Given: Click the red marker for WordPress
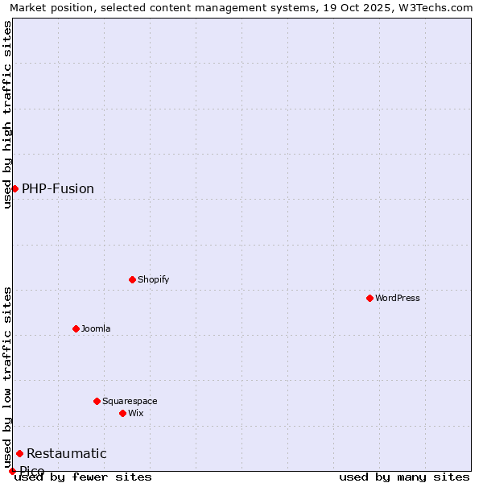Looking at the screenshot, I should (x=369, y=298).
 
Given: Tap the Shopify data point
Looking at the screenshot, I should (x=132, y=279).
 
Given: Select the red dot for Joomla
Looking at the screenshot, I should (x=76, y=328).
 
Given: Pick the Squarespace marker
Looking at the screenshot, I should (x=97, y=401).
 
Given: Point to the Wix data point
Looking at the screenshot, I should (x=122, y=413).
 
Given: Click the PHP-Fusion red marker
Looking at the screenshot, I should (x=14, y=188).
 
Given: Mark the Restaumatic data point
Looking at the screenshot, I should (x=19, y=453).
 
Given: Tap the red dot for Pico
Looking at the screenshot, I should (x=12, y=471).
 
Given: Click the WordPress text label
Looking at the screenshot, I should (x=398, y=298).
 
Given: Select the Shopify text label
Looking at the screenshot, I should (x=154, y=279).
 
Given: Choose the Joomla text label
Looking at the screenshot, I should (x=96, y=328).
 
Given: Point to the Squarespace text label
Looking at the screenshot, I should (x=130, y=401).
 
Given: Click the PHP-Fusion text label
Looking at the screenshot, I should (x=58, y=188).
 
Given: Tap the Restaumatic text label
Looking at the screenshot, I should (x=67, y=453).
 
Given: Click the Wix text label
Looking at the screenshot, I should (x=136, y=413).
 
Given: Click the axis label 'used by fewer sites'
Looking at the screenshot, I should (x=83, y=477).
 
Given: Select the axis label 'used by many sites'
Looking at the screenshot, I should (x=404, y=477).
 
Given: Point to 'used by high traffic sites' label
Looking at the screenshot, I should (x=7, y=114).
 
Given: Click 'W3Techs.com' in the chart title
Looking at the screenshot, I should (x=438, y=7).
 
